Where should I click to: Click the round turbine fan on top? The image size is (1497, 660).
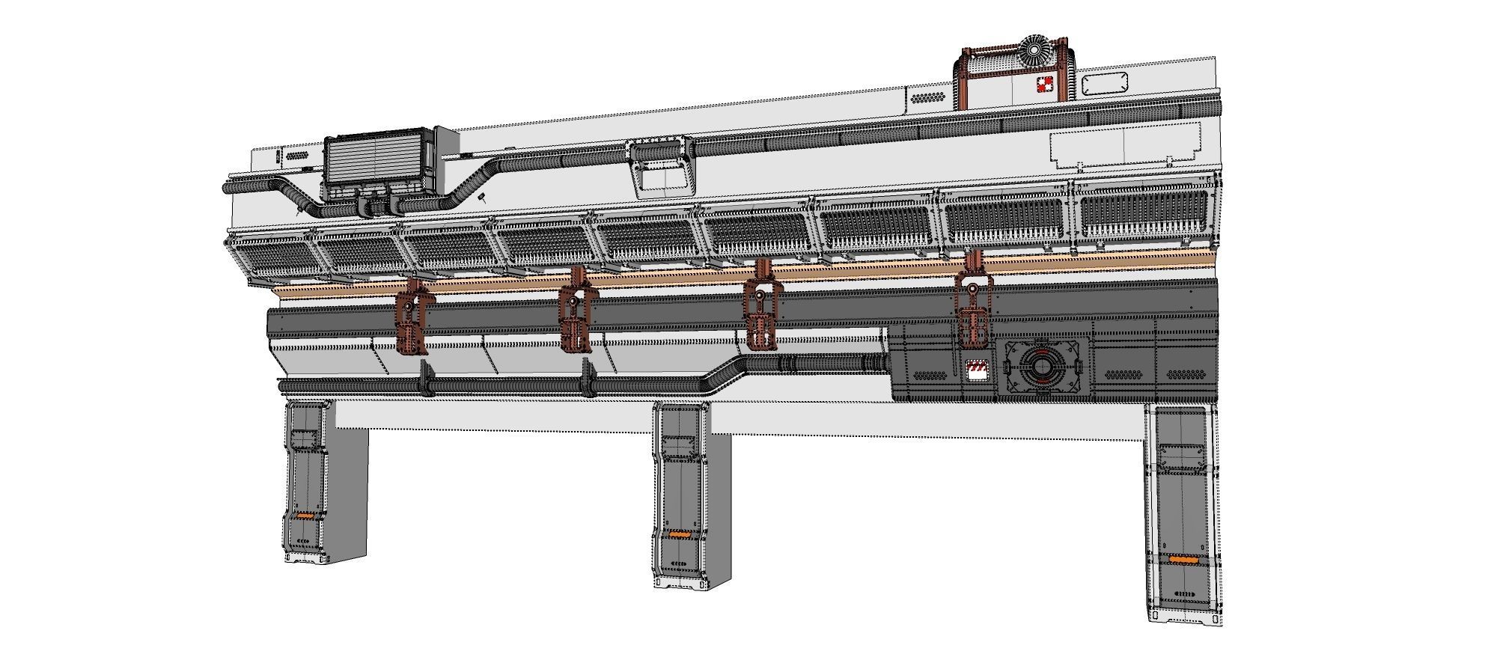coord(1034,51)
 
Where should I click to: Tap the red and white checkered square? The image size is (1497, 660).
coord(1044,85)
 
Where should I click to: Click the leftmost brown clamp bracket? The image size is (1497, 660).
coord(412,320)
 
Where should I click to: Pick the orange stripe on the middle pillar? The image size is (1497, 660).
coord(679,534)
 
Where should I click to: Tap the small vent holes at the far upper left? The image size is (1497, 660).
coord(295,156)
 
